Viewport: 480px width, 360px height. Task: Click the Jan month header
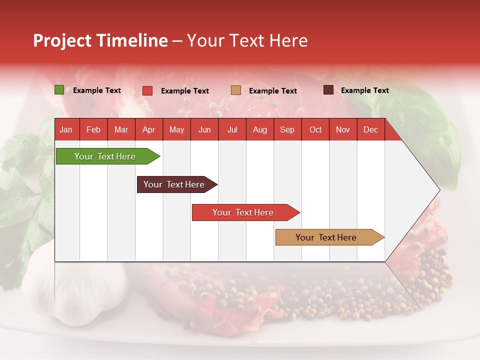click(x=66, y=130)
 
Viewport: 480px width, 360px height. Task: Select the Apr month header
click(x=149, y=130)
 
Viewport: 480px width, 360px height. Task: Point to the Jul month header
click(x=232, y=130)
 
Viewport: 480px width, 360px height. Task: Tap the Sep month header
click(x=287, y=130)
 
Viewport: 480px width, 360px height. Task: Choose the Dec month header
click(x=370, y=130)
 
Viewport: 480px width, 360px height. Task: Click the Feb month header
click(x=93, y=130)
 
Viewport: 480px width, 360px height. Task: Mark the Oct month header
click(x=315, y=130)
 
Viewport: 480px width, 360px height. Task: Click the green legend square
click(x=59, y=90)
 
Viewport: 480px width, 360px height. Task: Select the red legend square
click(x=147, y=90)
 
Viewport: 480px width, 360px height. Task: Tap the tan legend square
click(x=236, y=90)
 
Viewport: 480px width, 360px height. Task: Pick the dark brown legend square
click(x=328, y=90)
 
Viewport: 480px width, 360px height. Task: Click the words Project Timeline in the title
click(x=100, y=40)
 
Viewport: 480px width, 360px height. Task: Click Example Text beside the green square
click(x=97, y=90)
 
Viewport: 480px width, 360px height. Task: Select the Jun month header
click(x=204, y=130)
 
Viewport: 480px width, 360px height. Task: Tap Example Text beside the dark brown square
click(x=365, y=90)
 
